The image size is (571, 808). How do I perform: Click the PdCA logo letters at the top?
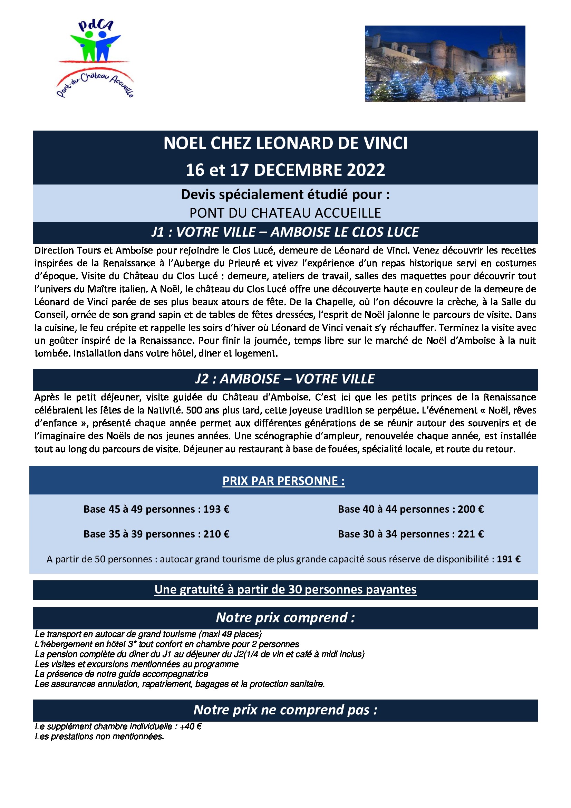coord(96,26)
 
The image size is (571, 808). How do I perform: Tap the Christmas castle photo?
coord(445,64)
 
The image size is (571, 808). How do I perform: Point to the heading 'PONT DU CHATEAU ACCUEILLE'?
coord(285,213)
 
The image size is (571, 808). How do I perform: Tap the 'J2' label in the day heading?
coord(203,379)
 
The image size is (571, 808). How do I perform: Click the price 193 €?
coord(216,509)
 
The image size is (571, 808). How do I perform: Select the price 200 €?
coord(471,509)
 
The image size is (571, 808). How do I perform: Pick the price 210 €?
coord(216,534)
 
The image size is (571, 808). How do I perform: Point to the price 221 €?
coord(471,534)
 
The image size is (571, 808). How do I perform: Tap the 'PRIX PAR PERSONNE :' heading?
coord(283,481)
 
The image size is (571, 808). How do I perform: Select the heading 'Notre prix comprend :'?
coord(285,618)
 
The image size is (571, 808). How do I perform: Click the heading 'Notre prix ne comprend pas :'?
coord(285,710)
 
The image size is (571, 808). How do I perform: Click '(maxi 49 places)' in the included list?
coord(230,634)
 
